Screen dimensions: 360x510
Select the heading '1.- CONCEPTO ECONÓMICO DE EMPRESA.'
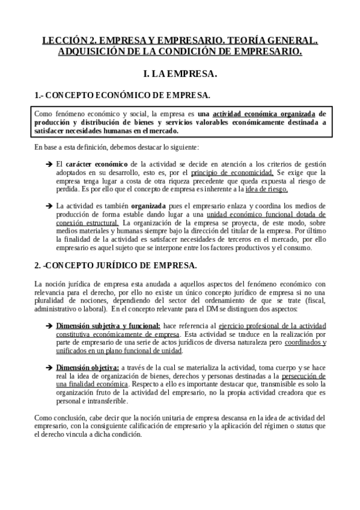122,95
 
